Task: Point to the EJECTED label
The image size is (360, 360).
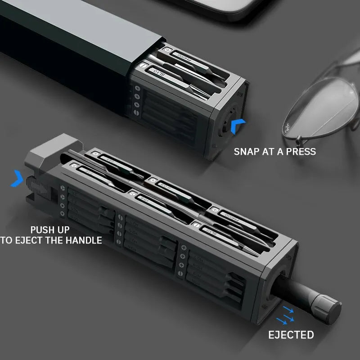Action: point(291,335)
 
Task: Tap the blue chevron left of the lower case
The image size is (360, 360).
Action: point(17,178)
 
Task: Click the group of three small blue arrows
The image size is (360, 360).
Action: point(284,315)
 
